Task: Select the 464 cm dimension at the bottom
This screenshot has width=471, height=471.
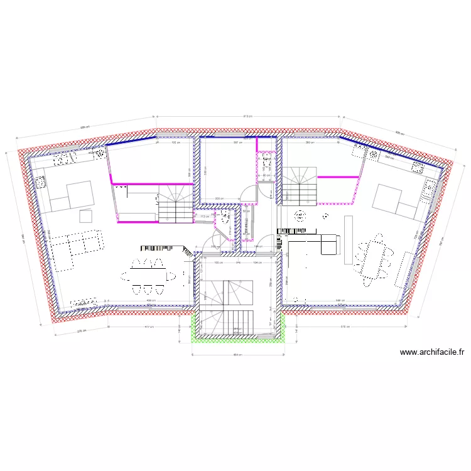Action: [237, 355]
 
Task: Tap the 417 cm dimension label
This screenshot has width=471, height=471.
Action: [149, 327]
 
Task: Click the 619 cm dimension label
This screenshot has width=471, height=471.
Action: [344, 327]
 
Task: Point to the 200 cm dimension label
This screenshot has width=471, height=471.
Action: [219, 199]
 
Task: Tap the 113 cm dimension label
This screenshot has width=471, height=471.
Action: [204, 217]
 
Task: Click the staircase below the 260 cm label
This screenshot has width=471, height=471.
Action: [302, 186]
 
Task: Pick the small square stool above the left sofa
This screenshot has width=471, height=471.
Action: [86, 216]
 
